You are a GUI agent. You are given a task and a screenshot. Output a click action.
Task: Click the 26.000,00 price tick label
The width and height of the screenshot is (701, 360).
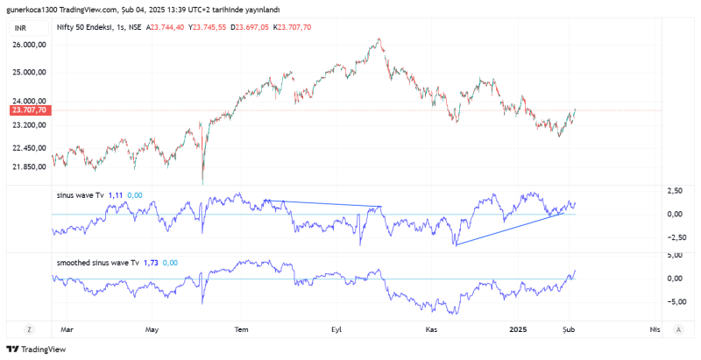pos(28,44)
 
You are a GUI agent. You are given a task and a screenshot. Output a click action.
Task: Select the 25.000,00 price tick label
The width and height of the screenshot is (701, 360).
pos(28,72)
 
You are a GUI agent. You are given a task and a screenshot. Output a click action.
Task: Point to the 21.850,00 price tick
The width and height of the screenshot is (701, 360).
pos(28,166)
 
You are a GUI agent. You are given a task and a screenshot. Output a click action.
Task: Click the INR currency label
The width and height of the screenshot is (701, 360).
pos(20,28)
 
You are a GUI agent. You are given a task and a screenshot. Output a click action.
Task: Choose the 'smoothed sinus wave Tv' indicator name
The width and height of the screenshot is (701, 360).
pos(96,262)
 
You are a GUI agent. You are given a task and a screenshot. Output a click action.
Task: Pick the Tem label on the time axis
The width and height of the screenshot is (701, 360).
pos(244,329)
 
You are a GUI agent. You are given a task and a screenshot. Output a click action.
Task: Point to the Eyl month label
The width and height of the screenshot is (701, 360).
pos(336,329)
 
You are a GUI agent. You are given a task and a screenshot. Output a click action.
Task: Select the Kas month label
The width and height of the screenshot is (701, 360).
pos(430,329)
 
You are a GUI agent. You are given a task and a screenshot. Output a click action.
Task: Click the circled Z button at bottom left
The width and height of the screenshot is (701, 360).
pos(29,329)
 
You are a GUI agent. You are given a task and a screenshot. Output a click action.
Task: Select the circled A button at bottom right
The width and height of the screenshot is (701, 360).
pos(679,329)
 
